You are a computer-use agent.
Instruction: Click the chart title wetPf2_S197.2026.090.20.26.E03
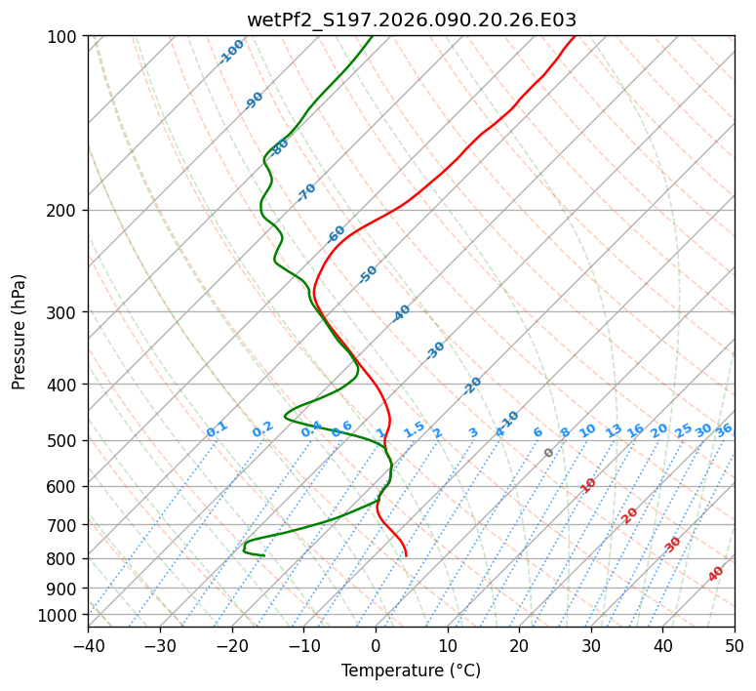coord(411,20)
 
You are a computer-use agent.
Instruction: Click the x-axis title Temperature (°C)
coord(411,671)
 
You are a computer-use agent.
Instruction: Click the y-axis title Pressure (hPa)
coord(20,332)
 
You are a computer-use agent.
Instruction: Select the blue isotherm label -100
coord(231,51)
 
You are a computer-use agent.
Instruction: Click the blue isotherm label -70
coord(306,192)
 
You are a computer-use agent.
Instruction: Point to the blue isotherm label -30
coord(435,350)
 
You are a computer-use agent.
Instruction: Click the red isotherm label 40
coord(716,574)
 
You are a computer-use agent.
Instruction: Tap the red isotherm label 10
coord(588,485)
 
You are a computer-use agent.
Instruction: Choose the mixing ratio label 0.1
coord(217,428)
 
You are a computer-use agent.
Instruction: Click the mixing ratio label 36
coord(724,429)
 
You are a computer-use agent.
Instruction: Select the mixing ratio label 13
coord(614,430)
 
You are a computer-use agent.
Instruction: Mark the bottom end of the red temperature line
coord(406,556)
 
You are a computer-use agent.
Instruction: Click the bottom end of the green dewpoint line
coord(263,555)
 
